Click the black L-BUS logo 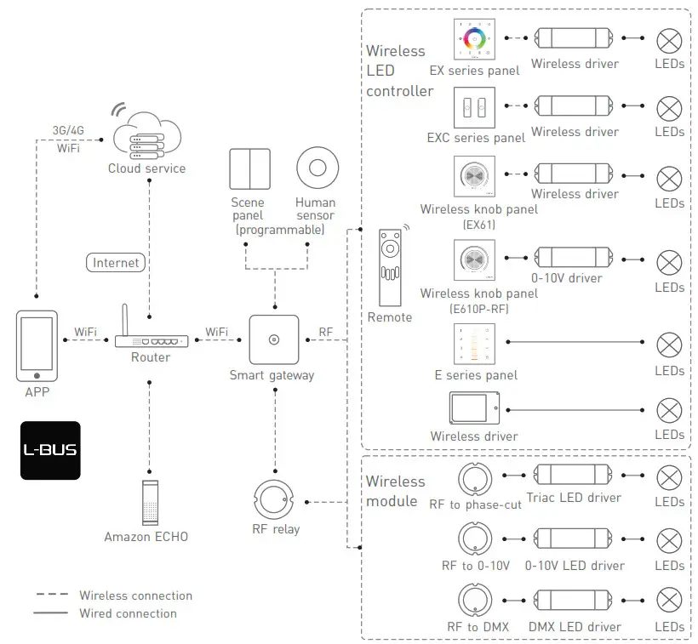coord(50,450)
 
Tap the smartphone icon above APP coord(37,346)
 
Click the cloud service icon coord(146,135)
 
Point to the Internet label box coord(116,263)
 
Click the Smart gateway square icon coord(273,339)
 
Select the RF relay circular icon coord(276,500)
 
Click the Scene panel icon coord(249,169)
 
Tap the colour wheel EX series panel coord(473,38)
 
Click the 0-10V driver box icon coord(573,256)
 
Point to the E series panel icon coord(473,343)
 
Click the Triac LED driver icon coord(573,476)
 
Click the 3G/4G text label coord(69,131)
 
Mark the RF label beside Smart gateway coord(326,331)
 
